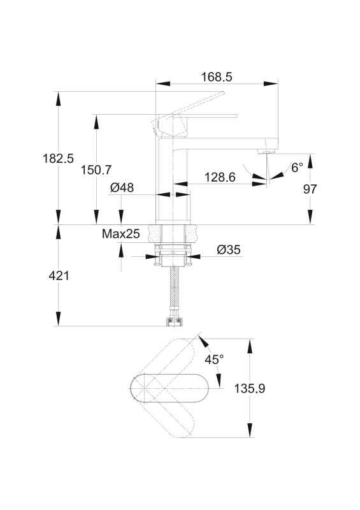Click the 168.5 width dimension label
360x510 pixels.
click(217, 77)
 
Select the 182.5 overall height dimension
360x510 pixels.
click(58, 158)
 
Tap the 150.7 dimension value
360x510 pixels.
click(96, 170)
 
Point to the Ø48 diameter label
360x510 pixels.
click(122, 187)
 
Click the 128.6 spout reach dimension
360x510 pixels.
click(220, 177)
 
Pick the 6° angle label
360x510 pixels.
click(297, 168)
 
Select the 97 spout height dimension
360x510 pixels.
click(310, 189)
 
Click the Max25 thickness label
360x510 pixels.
click(120, 233)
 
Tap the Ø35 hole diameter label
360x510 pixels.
click(229, 250)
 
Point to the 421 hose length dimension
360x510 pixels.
click(59, 276)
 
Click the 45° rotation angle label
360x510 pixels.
click(214, 360)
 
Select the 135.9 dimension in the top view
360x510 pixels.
click(250, 388)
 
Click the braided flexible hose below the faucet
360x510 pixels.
click(175, 291)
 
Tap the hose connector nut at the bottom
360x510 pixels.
click(175, 321)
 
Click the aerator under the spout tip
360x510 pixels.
click(267, 151)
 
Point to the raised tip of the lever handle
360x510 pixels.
click(223, 93)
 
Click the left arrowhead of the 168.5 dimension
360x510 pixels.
click(163, 84)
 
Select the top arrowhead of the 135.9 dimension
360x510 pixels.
click(250, 346)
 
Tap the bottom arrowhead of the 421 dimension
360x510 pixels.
click(58, 319)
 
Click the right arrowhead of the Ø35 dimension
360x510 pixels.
click(193, 256)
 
